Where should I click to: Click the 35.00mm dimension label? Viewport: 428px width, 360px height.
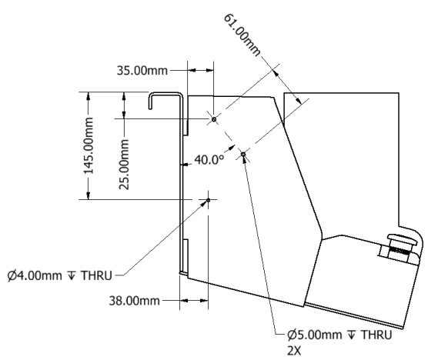142,71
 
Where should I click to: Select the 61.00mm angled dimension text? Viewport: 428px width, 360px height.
242,35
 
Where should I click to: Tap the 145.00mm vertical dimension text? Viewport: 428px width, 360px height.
89,145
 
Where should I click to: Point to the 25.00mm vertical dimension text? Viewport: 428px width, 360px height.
124,164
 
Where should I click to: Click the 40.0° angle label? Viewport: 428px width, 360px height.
209,159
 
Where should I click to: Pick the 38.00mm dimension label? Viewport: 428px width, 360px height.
134,301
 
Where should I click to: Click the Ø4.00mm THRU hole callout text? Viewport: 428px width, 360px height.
60,275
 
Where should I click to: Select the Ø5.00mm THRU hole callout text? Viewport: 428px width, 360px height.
339,335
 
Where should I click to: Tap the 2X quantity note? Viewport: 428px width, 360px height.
294,351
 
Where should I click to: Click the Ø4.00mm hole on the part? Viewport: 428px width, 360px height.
209,200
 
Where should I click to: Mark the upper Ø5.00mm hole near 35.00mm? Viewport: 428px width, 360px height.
214,119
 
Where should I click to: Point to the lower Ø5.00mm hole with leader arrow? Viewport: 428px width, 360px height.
243,155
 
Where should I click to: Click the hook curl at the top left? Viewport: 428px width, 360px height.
152,100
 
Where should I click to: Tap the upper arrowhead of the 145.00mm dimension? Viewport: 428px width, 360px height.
89,96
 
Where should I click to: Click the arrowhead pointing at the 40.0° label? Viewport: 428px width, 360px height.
231,148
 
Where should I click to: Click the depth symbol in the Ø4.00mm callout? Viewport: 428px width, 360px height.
72,275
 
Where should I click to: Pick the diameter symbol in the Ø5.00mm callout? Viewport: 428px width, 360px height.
292,335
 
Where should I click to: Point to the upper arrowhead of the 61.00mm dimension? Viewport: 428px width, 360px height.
276,73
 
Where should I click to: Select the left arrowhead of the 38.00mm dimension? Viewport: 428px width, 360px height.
184,301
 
